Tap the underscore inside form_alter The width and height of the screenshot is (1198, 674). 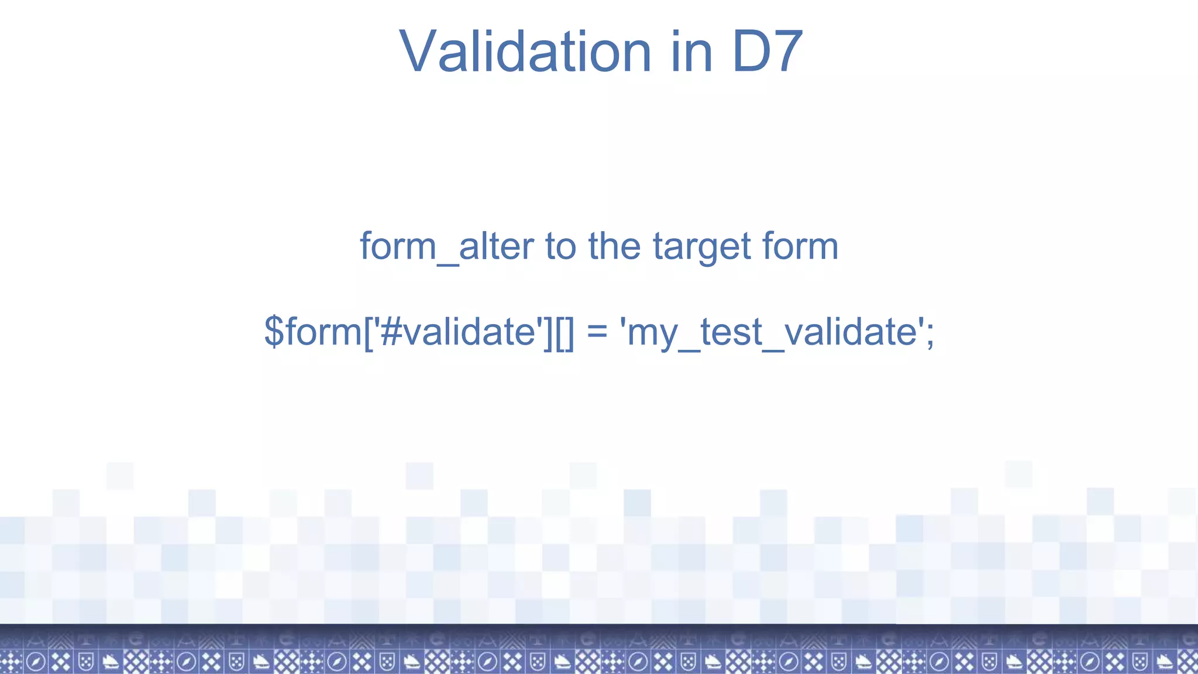[447, 263]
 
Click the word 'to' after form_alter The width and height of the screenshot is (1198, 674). [560, 246]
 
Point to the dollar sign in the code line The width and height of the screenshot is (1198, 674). [274, 332]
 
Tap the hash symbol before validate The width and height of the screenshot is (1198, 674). [390, 332]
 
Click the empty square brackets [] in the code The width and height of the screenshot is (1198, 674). [565, 332]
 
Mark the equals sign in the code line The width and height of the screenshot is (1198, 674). [597, 332]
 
